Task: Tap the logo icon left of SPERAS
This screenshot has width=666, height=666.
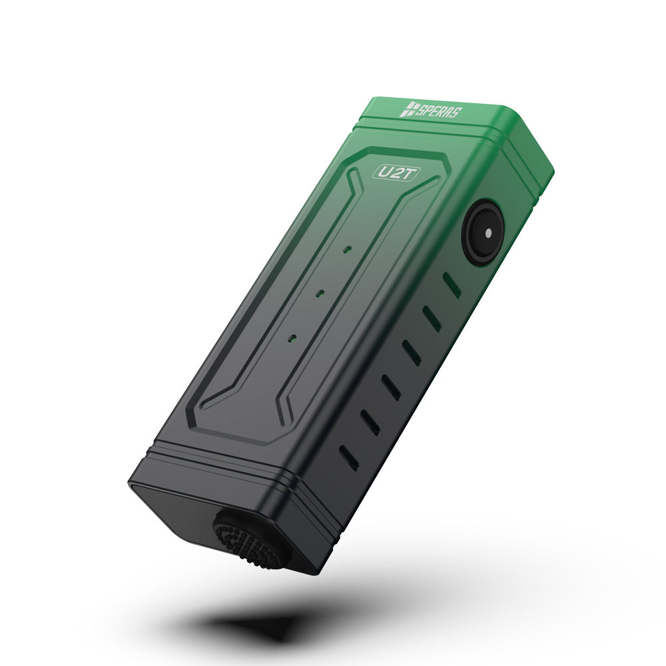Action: [408, 109]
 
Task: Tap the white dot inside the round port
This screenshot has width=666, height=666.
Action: [488, 234]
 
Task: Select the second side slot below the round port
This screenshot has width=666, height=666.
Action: [432, 318]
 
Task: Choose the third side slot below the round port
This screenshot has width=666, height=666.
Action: [412, 352]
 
